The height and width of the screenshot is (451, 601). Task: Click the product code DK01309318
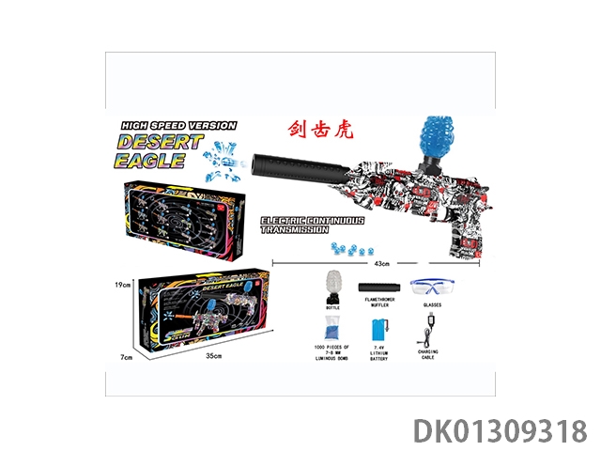(500, 430)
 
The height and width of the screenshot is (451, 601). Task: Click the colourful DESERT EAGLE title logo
(160, 149)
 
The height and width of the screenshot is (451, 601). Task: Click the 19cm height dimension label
(118, 284)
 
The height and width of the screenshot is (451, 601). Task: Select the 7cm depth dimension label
(124, 356)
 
